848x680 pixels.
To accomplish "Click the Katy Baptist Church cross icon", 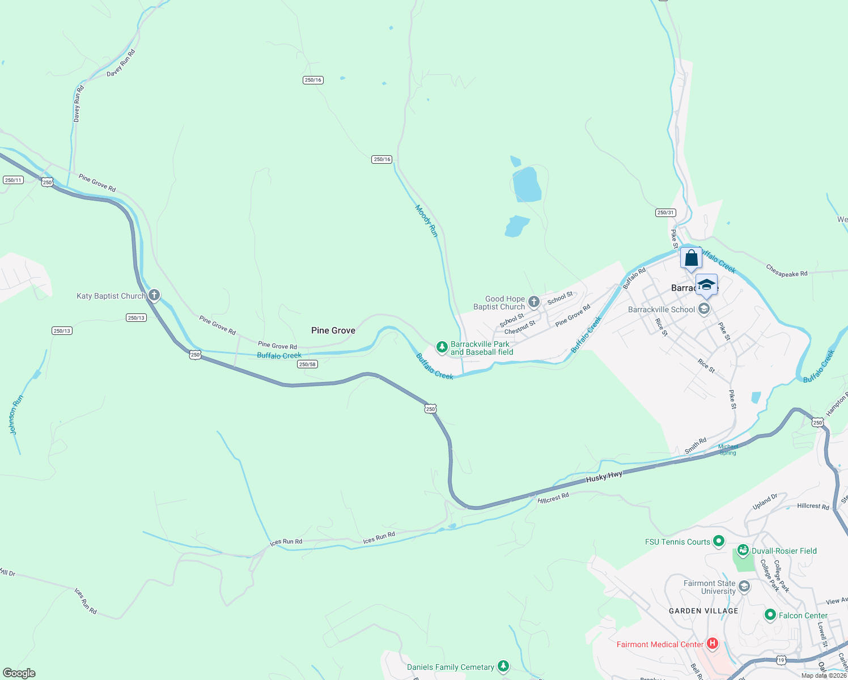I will coord(154,295).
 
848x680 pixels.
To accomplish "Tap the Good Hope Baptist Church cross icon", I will coord(533,302).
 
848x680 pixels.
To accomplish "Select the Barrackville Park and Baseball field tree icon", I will coord(442,347).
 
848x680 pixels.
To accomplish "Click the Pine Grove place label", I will coord(333,330).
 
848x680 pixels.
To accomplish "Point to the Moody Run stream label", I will coord(426,221).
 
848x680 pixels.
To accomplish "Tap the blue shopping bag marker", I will coord(691,259).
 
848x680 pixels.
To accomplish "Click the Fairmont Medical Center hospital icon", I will coord(713,644).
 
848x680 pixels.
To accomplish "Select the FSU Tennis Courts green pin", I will coord(718,541).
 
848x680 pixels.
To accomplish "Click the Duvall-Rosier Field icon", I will coord(743,550).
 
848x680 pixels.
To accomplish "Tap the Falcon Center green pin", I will coord(770,615).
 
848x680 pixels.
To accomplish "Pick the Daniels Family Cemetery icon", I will coord(503,666).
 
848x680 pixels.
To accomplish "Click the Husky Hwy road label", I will coord(604,477).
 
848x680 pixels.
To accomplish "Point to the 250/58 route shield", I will coord(307,364).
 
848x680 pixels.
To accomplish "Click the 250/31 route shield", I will coord(665,212).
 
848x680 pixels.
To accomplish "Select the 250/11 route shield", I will coord(12,180).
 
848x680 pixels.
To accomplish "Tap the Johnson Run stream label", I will coord(16,415).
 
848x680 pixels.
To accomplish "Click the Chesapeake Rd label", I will coord(786,271).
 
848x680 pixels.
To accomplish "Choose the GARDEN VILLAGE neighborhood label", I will coord(703,611).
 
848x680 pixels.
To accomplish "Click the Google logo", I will coord(19,673).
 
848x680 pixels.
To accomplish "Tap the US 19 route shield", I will coord(781,660).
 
